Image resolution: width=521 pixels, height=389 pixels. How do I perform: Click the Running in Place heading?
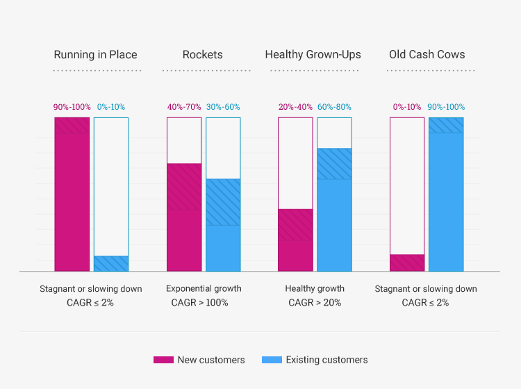(96, 55)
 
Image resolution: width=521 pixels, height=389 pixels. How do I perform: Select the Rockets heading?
(202, 55)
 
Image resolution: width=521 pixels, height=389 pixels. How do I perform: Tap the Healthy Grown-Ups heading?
(313, 55)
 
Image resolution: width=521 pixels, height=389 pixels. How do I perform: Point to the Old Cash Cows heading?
(427, 55)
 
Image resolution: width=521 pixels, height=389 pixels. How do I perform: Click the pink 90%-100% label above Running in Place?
(72, 107)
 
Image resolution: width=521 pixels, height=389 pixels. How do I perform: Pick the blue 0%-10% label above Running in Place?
(111, 107)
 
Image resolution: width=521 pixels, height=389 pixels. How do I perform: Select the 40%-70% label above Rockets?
(184, 107)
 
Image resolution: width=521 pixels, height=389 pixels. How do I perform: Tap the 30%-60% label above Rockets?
(223, 107)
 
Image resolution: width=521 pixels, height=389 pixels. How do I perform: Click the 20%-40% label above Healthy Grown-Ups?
(295, 107)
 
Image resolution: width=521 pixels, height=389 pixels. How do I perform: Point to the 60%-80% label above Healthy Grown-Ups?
(334, 107)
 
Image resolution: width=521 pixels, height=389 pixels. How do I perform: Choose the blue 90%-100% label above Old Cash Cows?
(446, 107)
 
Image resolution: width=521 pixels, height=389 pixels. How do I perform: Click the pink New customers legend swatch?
(163, 360)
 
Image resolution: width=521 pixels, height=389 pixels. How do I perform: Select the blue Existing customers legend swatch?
(272, 360)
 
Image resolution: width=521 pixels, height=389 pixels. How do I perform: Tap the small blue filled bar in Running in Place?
(111, 264)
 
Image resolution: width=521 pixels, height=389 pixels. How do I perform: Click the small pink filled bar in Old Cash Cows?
(407, 263)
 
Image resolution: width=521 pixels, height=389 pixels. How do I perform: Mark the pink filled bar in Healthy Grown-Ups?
(295, 240)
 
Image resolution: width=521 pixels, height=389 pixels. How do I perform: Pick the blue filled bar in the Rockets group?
(223, 225)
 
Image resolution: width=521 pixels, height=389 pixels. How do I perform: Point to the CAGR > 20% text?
(315, 303)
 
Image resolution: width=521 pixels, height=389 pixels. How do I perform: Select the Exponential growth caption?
(204, 288)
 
